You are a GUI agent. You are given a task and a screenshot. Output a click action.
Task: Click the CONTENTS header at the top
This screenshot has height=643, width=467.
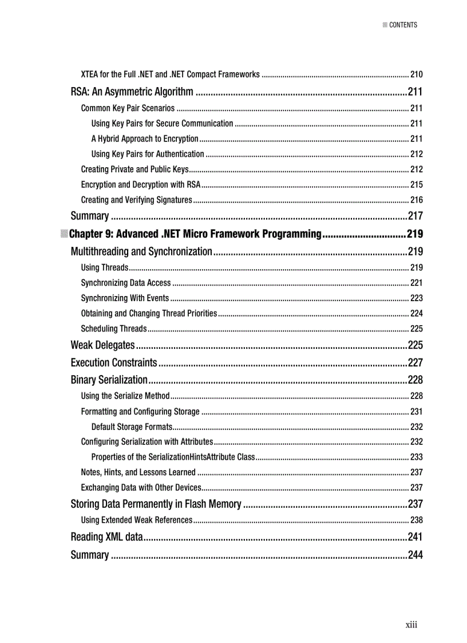pyautogui.click(x=403, y=25)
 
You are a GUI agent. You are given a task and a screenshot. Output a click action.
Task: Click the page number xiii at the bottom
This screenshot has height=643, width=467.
pyautogui.click(x=411, y=624)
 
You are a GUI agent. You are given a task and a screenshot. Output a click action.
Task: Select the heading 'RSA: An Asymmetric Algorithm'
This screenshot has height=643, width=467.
pyautogui.click(x=132, y=92)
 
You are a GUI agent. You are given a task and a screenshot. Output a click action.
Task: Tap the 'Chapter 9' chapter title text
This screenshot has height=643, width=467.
pyautogui.click(x=195, y=234)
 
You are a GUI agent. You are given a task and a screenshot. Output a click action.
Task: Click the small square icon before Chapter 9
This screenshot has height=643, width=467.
pyautogui.click(x=64, y=234)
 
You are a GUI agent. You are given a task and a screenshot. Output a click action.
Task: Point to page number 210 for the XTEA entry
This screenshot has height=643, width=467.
pyautogui.click(x=416, y=74)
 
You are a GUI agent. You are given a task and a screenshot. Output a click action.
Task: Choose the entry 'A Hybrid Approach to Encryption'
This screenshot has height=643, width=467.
pyautogui.click(x=145, y=139)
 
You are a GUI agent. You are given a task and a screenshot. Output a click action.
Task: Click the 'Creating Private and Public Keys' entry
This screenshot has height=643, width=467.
pyautogui.click(x=135, y=169)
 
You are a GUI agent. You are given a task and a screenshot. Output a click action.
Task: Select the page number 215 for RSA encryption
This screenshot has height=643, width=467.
pyautogui.click(x=416, y=184)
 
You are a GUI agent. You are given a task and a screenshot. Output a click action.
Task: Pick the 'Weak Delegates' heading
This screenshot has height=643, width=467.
pyautogui.click(x=102, y=345)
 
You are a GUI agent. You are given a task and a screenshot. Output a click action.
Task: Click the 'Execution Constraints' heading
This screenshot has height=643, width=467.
pyautogui.click(x=113, y=362)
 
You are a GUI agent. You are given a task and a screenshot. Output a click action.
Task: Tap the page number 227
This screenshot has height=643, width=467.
pyautogui.click(x=415, y=362)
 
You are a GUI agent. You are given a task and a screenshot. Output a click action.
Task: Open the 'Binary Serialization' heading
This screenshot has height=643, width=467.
pyautogui.click(x=109, y=380)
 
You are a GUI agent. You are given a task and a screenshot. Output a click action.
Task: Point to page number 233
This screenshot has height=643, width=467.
pyautogui.click(x=416, y=457)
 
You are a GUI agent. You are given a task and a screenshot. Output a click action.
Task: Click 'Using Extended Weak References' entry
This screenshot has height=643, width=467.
pyautogui.click(x=137, y=520)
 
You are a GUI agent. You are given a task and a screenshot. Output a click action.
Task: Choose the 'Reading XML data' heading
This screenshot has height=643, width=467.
pyautogui.click(x=106, y=537)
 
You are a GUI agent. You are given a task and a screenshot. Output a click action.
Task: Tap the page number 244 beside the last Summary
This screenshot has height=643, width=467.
pyautogui.click(x=415, y=555)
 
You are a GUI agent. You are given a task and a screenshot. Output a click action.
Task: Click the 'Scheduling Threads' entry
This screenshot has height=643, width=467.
pyautogui.click(x=114, y=329)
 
